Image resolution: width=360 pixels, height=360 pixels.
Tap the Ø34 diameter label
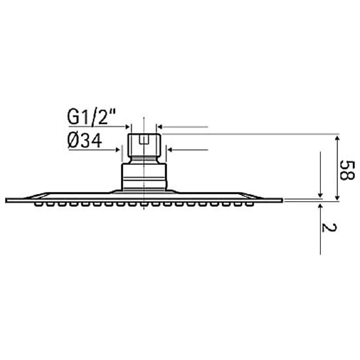click(85, 140)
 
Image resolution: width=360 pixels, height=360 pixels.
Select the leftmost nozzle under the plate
click(39, 205)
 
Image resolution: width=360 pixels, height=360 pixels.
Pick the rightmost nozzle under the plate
click(250, 205)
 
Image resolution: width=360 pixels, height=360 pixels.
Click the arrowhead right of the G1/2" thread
click(160, 126)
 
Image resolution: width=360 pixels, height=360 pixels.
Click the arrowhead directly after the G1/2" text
click(129, 126)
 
